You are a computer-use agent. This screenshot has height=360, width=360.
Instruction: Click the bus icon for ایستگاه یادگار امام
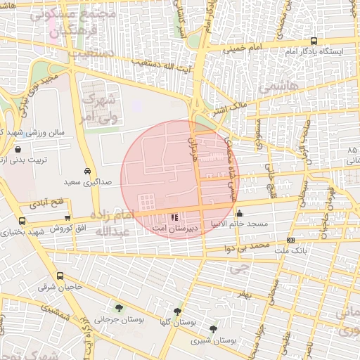click(314, 41)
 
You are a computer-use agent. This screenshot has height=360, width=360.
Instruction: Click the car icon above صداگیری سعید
click(86, 171)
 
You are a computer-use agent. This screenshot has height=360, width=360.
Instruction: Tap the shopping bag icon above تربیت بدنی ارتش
click(18, 149)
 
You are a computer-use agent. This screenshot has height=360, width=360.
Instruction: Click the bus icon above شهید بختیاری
click(22, 221)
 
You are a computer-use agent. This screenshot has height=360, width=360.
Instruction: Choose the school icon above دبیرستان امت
click(174, 218)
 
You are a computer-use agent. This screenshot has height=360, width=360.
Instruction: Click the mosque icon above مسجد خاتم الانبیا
click(240, 213)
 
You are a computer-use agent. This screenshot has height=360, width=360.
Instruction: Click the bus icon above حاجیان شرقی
click(60, 276)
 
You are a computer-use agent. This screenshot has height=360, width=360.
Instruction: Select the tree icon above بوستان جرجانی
click(118, 308)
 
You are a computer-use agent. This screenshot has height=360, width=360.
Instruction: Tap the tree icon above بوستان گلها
click(176, 311)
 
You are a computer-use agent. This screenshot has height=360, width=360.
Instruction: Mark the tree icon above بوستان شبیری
click(213, 328)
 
